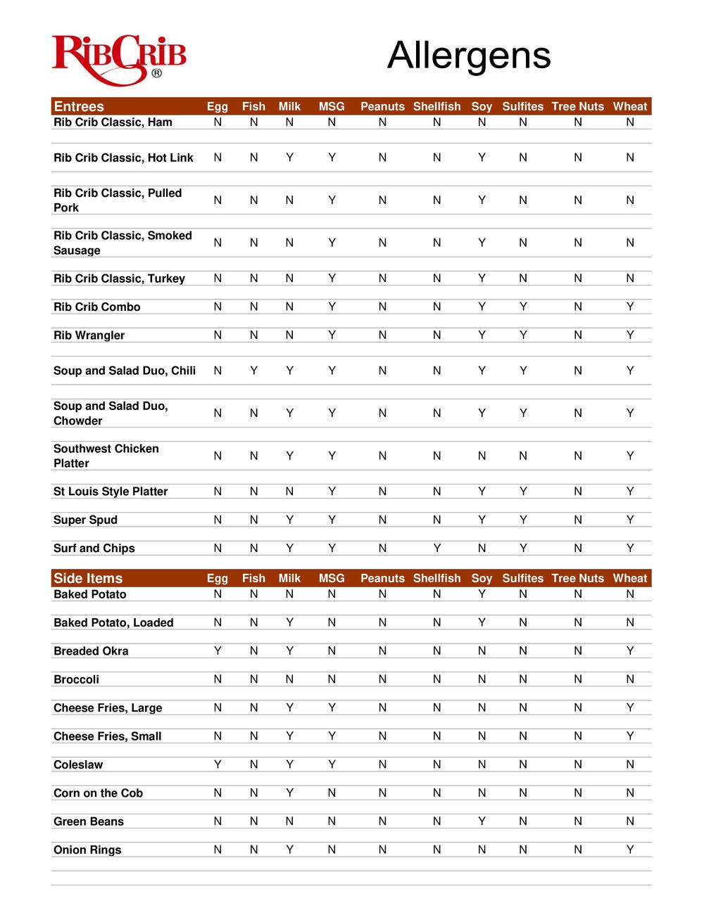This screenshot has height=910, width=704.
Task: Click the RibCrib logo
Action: (119, 59)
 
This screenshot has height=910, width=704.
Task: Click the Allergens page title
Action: (469, 56)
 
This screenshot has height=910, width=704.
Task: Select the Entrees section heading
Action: (79, 107)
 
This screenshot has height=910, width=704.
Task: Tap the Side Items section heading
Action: (88, 579)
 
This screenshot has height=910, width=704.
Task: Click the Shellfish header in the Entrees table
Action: (436, 107)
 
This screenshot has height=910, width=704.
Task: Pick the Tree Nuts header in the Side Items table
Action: (577, 579)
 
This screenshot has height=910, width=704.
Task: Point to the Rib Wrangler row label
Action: (89, 335)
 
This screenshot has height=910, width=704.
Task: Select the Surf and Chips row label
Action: (94, 549)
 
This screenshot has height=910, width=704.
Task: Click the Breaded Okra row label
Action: (92, 651)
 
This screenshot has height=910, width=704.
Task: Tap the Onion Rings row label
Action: (88, 850)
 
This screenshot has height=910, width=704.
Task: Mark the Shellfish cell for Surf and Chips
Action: (436, 549)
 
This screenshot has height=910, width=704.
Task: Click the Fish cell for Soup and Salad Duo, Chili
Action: (253, 371)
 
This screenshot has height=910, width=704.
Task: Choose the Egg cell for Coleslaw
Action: (218, 764)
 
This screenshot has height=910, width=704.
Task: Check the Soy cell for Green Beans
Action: (482, 821)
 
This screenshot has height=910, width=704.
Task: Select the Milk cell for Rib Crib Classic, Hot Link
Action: (289, 158)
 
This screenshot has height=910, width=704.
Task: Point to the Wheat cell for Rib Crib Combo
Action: (630, 307)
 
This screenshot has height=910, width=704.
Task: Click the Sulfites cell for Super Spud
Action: (523, 520)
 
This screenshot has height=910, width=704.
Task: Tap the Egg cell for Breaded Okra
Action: (218, 651)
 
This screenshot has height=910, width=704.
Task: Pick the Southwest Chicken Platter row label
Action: (106, 456)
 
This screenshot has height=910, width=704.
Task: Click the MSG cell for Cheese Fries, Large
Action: (332, 708)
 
